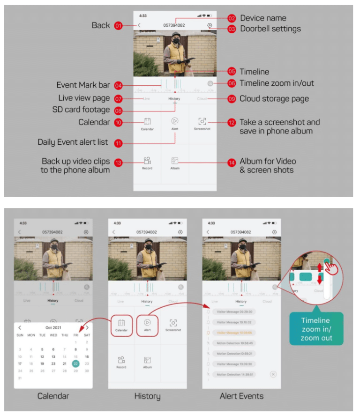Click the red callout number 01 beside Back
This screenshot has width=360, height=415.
tap(118, 25)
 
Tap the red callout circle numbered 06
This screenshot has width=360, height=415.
tap(232, 83)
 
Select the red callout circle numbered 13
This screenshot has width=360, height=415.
tap(118, 163)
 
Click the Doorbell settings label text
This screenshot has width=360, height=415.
tap(270, 29)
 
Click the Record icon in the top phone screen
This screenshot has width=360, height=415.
tap(147, 161)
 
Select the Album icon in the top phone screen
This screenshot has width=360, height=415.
tap(175, 161)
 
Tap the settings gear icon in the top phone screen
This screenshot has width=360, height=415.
tap(209, 25)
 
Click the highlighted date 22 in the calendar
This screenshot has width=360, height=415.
tap(76, 363)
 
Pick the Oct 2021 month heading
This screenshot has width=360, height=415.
tap(53, 327)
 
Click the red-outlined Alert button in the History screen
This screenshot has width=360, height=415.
tap(147, 325)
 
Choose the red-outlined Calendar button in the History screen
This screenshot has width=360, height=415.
tap(121, 325)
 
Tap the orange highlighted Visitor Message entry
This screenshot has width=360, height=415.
tap(234, 333)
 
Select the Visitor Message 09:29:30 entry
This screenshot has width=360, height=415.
tap(234, 311)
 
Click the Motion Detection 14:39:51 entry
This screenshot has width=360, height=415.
tap(234, 374)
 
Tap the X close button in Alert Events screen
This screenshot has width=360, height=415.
tap(273, 374)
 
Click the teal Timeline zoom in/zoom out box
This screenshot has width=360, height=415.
tap(316, 329)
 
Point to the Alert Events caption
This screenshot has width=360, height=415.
tap(241, 396)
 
